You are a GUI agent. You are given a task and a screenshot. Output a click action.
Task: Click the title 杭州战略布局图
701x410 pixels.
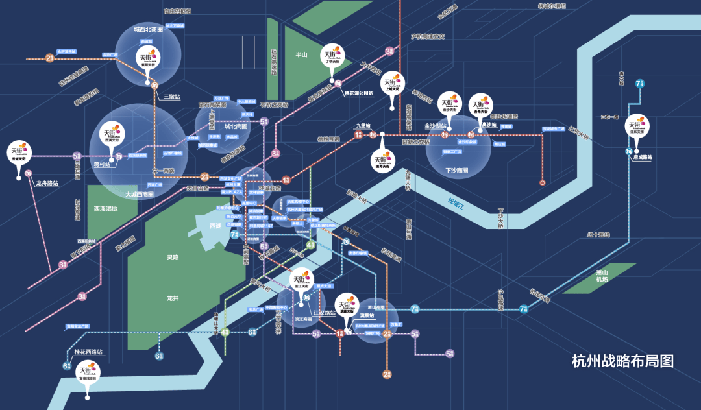click(x=622, y=361)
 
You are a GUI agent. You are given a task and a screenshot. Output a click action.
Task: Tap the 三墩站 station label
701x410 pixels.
click(x=171, y=97)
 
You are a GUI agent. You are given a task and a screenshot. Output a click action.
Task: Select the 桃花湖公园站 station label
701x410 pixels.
click(x=358, y=93)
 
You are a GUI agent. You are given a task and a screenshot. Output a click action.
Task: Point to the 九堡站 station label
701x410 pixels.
click(x=363, y=126)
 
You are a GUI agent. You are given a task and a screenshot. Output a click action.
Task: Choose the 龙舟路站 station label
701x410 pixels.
click(x=46, y=184)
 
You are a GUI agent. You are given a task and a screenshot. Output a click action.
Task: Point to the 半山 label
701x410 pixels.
click(x=301, y=55)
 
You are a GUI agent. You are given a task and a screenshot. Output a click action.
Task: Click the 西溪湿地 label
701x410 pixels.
click(x=106, y=209)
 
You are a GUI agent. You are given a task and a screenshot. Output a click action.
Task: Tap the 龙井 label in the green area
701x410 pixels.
click(x=172, y=298)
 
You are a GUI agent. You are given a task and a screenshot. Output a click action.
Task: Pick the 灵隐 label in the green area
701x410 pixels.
click(x=172, y=258)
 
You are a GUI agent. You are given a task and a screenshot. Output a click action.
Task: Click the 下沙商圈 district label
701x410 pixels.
click(x=457, y=170)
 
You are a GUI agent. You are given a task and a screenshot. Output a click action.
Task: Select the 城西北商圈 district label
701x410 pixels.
click(x=148, y=29)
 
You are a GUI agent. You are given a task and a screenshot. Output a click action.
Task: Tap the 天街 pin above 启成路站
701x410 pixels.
click(x=637, y=126)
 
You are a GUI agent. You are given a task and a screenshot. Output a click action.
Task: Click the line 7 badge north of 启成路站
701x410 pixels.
click(x=640, y=84)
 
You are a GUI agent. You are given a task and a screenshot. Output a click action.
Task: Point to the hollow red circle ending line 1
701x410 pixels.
click(x=542, y=183)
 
